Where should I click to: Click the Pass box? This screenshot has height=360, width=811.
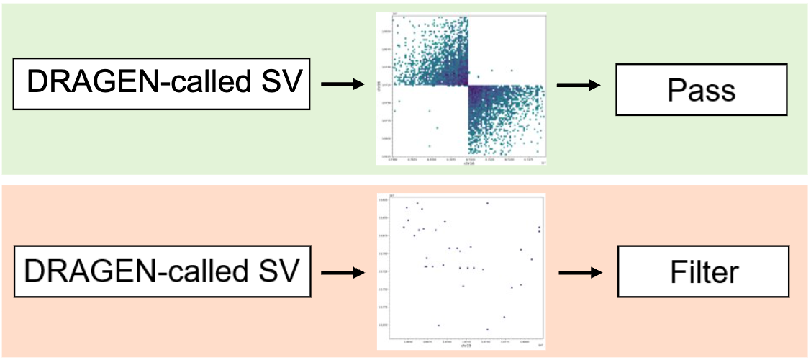click(x=701, y=90)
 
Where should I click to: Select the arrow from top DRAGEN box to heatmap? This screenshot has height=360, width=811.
click(x=342, y=86)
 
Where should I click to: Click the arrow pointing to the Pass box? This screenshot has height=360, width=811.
click(x=579, y=86)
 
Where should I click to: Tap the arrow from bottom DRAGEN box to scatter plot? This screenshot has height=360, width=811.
click(x=342, y=273)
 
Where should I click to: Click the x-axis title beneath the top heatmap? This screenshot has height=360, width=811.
click(x=469, y=164)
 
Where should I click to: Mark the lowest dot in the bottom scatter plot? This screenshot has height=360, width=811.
click(x=488, y=330)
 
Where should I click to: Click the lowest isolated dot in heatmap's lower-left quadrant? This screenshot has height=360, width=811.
click(x=430, y=145)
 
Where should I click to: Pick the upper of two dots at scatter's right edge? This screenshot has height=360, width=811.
click(x=539, y=228)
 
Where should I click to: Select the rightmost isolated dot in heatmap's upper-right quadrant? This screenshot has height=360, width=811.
click(x=512, y=71)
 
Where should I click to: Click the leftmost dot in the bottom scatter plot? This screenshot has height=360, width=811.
click(x=404, y=227)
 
